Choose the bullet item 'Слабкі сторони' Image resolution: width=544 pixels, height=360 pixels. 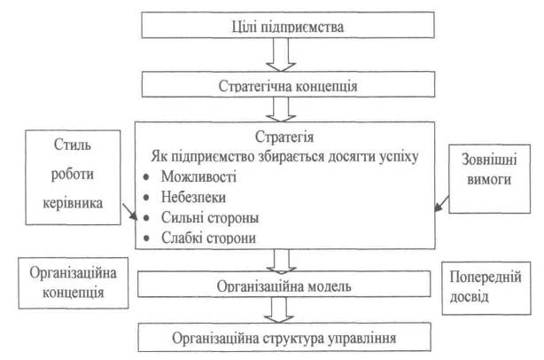tap(199, 238)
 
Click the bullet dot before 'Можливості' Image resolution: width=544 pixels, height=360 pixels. tap(144, 176)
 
